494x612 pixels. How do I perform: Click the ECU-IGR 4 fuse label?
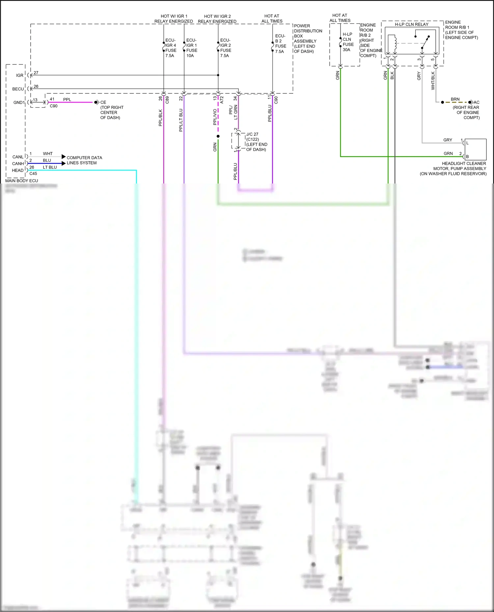pos(171,48)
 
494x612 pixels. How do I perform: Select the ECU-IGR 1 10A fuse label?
pos(192,48)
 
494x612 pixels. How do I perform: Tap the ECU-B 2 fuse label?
pos(280,43)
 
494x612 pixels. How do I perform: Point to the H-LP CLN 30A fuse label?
pos(348,42)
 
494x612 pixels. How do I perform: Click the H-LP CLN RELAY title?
pos(412,24)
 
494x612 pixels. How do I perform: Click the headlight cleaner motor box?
pos(475,149)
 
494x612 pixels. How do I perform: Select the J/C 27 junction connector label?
pos(256,142)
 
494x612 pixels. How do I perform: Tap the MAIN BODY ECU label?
pos(21,181)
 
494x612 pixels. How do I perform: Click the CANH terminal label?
pos(18,163)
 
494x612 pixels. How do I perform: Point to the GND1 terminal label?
pos(19,102)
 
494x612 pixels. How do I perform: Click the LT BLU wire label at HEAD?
pos(50,167)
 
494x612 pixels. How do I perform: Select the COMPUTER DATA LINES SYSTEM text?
pos(84,160)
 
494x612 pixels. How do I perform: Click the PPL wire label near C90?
pos(67,99)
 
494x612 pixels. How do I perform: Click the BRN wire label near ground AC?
pos(455,99)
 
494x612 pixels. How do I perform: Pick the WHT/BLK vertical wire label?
pos(433,81)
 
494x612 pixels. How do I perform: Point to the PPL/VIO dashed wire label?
pos(215,117)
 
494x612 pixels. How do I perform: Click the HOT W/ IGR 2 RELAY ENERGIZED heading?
pos(217,19)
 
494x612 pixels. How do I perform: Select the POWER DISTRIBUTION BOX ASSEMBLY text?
pos(307,38)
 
